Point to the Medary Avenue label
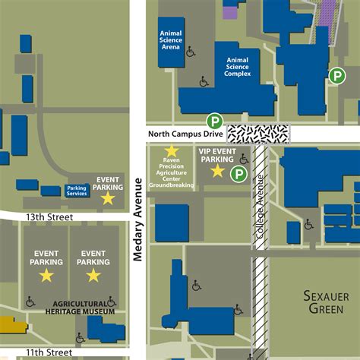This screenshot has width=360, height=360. click(x=138, y=220)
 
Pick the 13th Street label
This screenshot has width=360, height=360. click(x=48, y=217)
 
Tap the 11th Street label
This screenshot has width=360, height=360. click(x=48, y=352)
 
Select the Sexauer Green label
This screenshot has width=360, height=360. click(x=326, y=302)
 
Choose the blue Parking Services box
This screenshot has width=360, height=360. click(x=77, y=190)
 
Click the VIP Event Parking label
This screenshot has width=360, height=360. click(x=216, y=156)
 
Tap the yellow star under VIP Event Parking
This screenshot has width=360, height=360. click(x=218, y=172)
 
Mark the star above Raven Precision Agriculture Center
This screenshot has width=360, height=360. click(x=172, y=151)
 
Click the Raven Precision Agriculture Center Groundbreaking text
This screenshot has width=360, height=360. click(x=172, y=173)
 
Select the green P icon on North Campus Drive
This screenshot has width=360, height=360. click(x=216, y=121)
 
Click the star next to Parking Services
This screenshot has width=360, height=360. click(x=108, y=198)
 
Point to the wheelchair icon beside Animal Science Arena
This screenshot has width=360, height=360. click(x=190, y=52)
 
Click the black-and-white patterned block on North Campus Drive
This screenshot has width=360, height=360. click(x=258, y=134)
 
